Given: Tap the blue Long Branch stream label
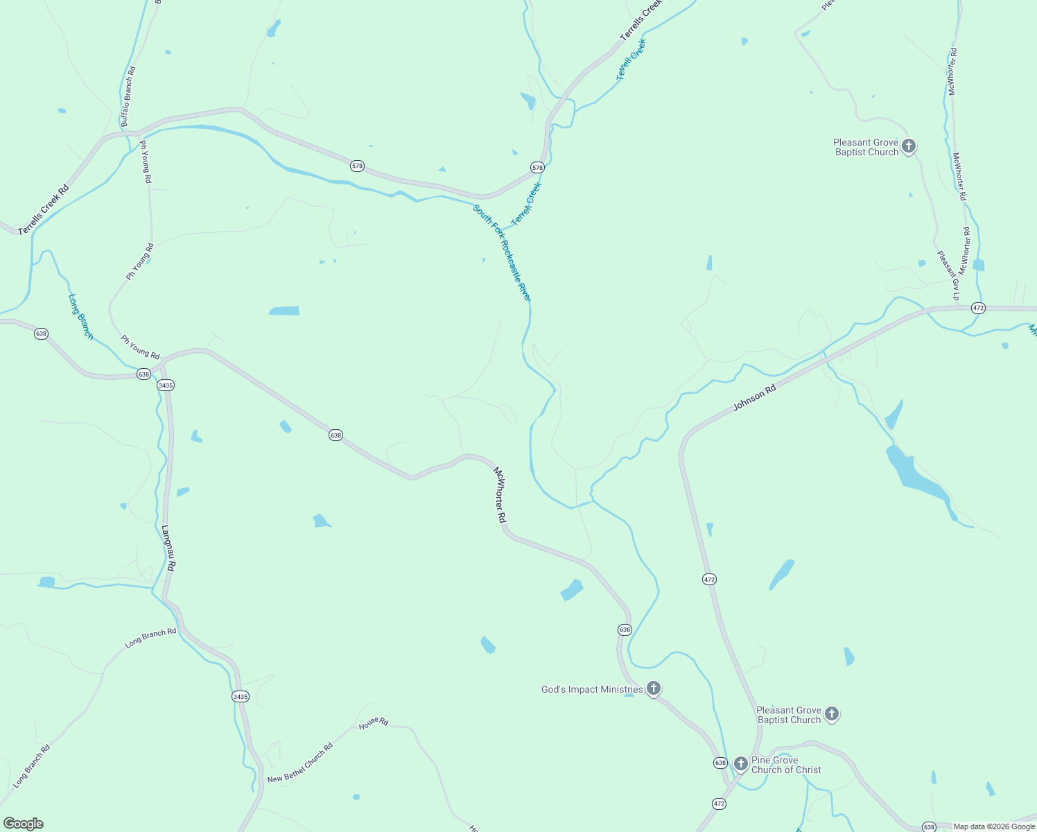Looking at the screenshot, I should pyautogui.click(x=80, y=317).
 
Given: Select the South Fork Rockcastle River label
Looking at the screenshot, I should pyautogui.click(x=502, y=252).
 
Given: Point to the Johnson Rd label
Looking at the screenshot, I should pyautogui.click(x=754, y=399).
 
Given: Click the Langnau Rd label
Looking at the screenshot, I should pyautogui.click(x=168, y=548).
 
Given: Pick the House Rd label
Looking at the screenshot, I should pyautogui.click(x=374, y=722).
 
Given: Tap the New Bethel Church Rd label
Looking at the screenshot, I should pyautogui.click(x=300, y=763).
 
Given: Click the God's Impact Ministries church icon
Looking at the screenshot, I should pyautogui.click(x=653, y=688).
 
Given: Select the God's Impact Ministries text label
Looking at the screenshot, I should pyautogui.click(x=592, y=689).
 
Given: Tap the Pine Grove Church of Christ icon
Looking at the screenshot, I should pyautogui.click(x=740, y=764).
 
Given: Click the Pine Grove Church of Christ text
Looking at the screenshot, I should pyautogui.click(x=786, y=765).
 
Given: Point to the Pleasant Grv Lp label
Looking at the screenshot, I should pyautogui.click(x=948, y=275).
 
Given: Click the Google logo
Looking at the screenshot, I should pyautogui.click(x=23, y=824).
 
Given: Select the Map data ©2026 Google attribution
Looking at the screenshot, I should pyautogui.click(x=994, y=826).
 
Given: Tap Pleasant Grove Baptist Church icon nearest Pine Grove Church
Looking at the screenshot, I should pyautogui.click(x=832, y=713).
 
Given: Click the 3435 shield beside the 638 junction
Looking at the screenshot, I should pyautogui.click(x=165, y=385).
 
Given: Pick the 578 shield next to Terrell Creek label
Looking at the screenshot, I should pyautogui.click(x=537, y=168).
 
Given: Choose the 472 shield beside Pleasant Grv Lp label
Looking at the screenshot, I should pyautogui.click(x=978, y=308).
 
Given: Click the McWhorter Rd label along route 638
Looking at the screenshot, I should pyautogui.click(x=500, y=495).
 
